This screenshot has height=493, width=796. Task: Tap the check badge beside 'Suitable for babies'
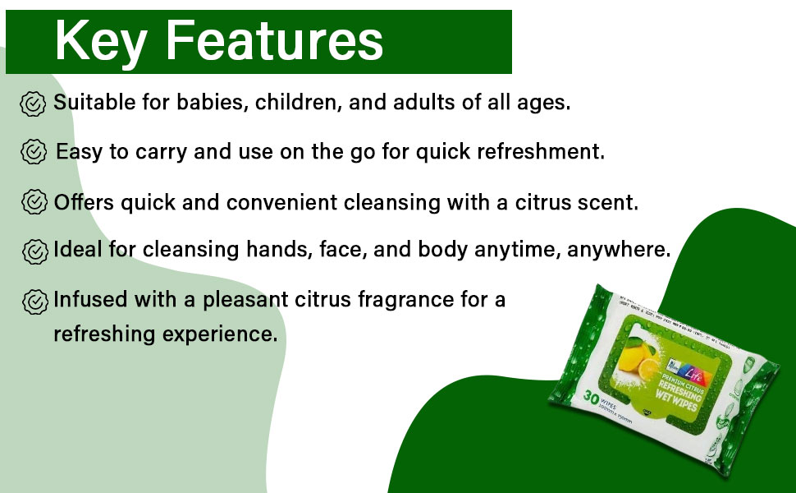coord(32,104)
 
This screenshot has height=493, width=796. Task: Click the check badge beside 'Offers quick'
coord(32,202)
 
